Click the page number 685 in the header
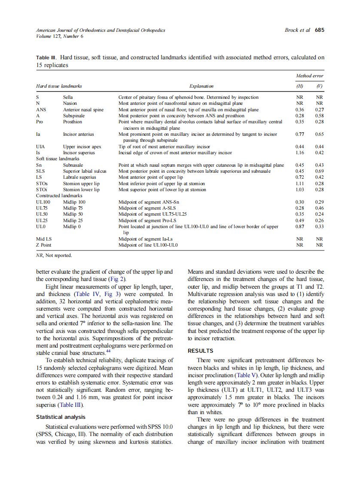point(319,30)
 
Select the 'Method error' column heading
point(309,76)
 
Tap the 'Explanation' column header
point(201,86)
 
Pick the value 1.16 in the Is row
point(300,153)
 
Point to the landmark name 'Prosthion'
point(73,122)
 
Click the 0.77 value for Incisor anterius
point(300,134)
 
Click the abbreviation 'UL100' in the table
point(43,202)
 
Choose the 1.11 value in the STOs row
point(300,183)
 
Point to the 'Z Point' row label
point(44,245)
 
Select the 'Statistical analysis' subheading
point(61,417)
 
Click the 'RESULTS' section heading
point(201,351)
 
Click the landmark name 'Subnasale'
point(73,165)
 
